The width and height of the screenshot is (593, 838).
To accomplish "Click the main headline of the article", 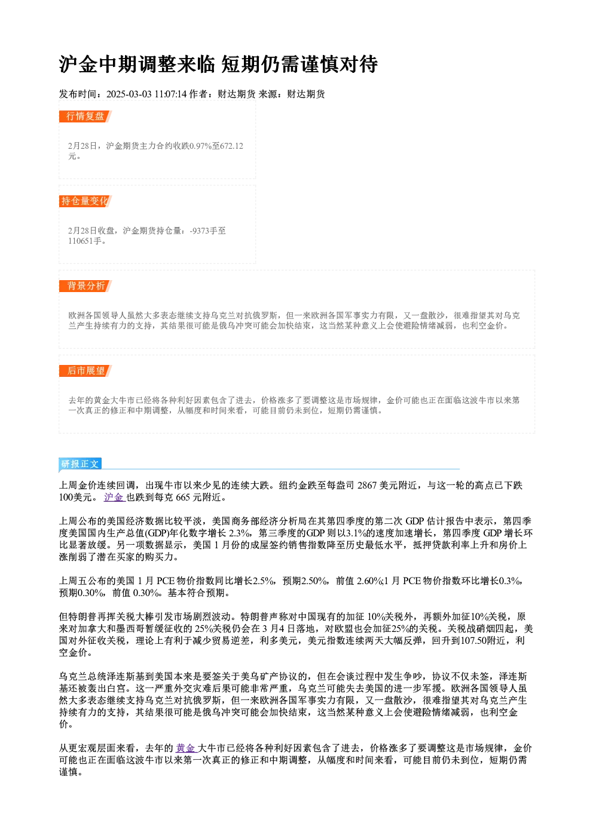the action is click(218, 65).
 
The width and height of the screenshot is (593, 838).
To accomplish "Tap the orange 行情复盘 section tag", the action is click(85, 116).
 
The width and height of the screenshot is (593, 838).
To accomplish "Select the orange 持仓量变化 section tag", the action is click(85, 201).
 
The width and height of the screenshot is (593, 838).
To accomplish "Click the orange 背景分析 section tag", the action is click(85, 286).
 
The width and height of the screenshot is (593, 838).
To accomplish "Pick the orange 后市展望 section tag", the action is click(85, 371).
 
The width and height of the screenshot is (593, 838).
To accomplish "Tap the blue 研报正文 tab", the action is click(80, 464).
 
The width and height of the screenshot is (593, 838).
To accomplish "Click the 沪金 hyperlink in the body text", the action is click(114, 497).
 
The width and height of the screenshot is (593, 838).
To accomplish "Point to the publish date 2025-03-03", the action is click(129, 94).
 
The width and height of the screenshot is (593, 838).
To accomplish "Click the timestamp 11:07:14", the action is click(170, 94).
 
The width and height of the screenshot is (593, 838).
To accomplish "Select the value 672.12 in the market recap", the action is click(232, 146).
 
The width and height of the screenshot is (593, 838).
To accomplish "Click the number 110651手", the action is click(85, 241).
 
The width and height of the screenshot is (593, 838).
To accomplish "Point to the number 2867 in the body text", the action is click(367, 485).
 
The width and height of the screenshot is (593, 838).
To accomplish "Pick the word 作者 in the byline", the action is click(198, 94).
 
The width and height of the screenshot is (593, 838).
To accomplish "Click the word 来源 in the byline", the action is click(268, 94).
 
